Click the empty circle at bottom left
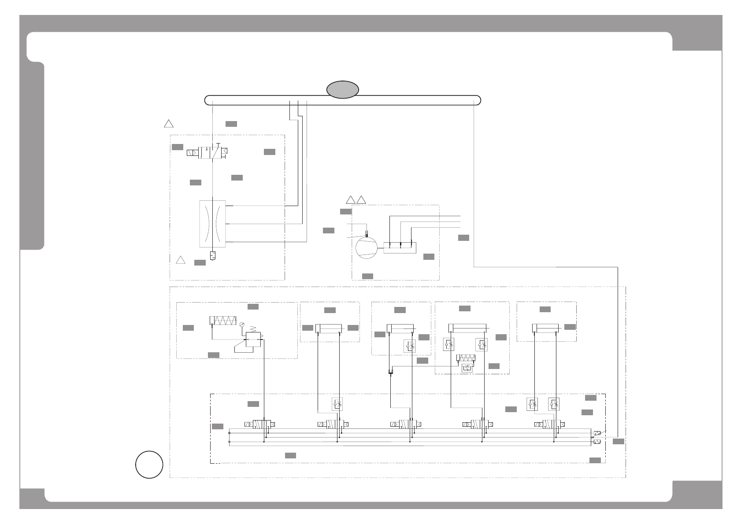[x=149, y=464]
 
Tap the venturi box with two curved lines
[x=212, y=224]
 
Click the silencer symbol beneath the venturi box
[x=212, y=255]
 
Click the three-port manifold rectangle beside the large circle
[x=400, y=248]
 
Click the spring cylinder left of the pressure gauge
[x=223, y=320]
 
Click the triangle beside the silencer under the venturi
[x=180, y=260]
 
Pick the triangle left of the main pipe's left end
[x=169, y=123]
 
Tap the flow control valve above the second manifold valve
[x=337, y=404]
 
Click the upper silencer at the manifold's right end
[x=597, y=434]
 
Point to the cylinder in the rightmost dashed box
[x=545, y=328]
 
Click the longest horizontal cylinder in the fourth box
[x=467, y=328]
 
